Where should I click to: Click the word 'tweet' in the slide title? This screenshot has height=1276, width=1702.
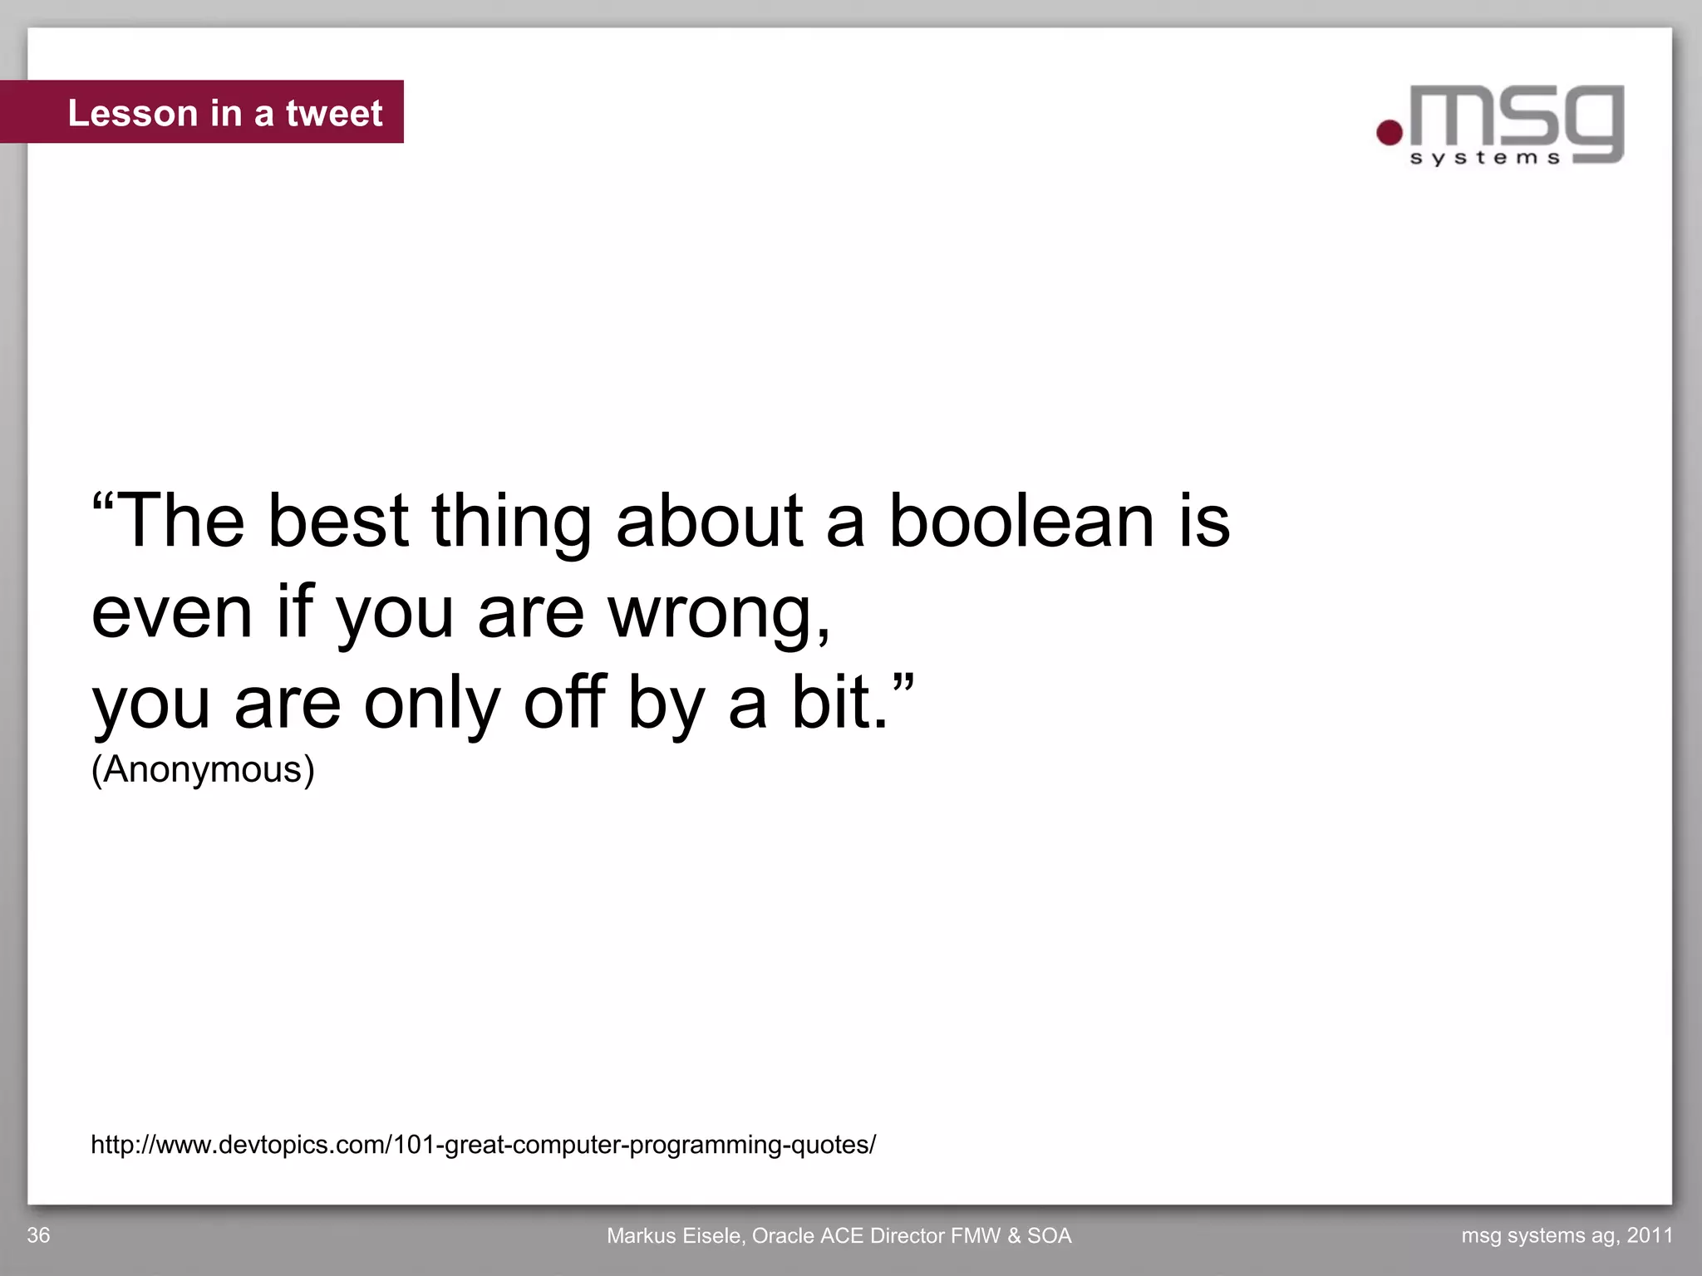point(334,113)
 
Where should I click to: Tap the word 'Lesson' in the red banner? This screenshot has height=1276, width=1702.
point(133,113)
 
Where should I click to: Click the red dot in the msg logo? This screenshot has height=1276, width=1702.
point(1389,132)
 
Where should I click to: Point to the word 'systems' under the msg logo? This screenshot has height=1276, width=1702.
point(1485,158)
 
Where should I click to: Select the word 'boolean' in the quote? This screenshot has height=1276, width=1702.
point(1021,521)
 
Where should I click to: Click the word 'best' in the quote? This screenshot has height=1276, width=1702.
point(338,521)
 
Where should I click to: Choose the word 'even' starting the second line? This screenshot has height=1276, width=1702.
point(171,613)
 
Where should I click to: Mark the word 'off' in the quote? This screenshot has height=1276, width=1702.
point(563,703)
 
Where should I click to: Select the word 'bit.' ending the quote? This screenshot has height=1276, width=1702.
point(839,703)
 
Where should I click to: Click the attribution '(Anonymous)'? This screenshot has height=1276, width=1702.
point(203,769)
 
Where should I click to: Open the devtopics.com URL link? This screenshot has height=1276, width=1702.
point(483,1145)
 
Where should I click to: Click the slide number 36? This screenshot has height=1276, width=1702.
point(38,1235)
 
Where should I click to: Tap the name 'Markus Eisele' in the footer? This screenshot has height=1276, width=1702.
point(675,1236)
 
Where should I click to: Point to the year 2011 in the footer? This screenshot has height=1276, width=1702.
point(1650,1235)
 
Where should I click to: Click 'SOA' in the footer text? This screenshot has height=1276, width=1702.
point(1049,1236)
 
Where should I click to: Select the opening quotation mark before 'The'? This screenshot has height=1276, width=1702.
point(103,503)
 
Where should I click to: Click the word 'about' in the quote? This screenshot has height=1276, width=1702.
point(709,521)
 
